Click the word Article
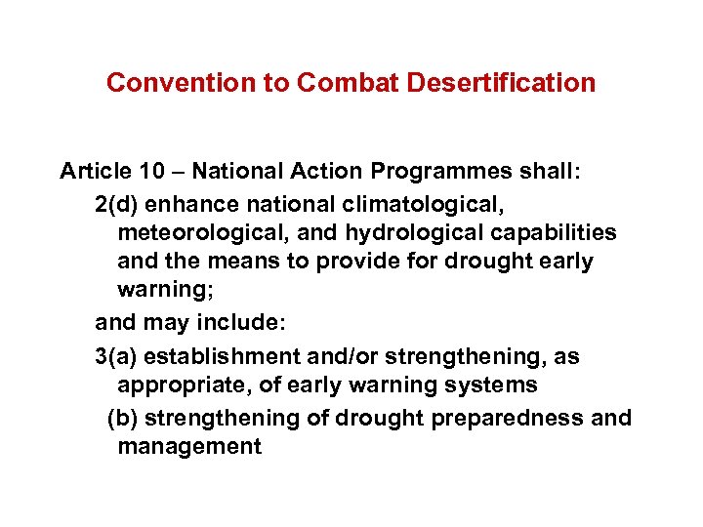[x=94, y=172]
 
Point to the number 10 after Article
[x=150, y=172]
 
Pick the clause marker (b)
[x=122, y=418]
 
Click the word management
[x=189, y=448]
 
